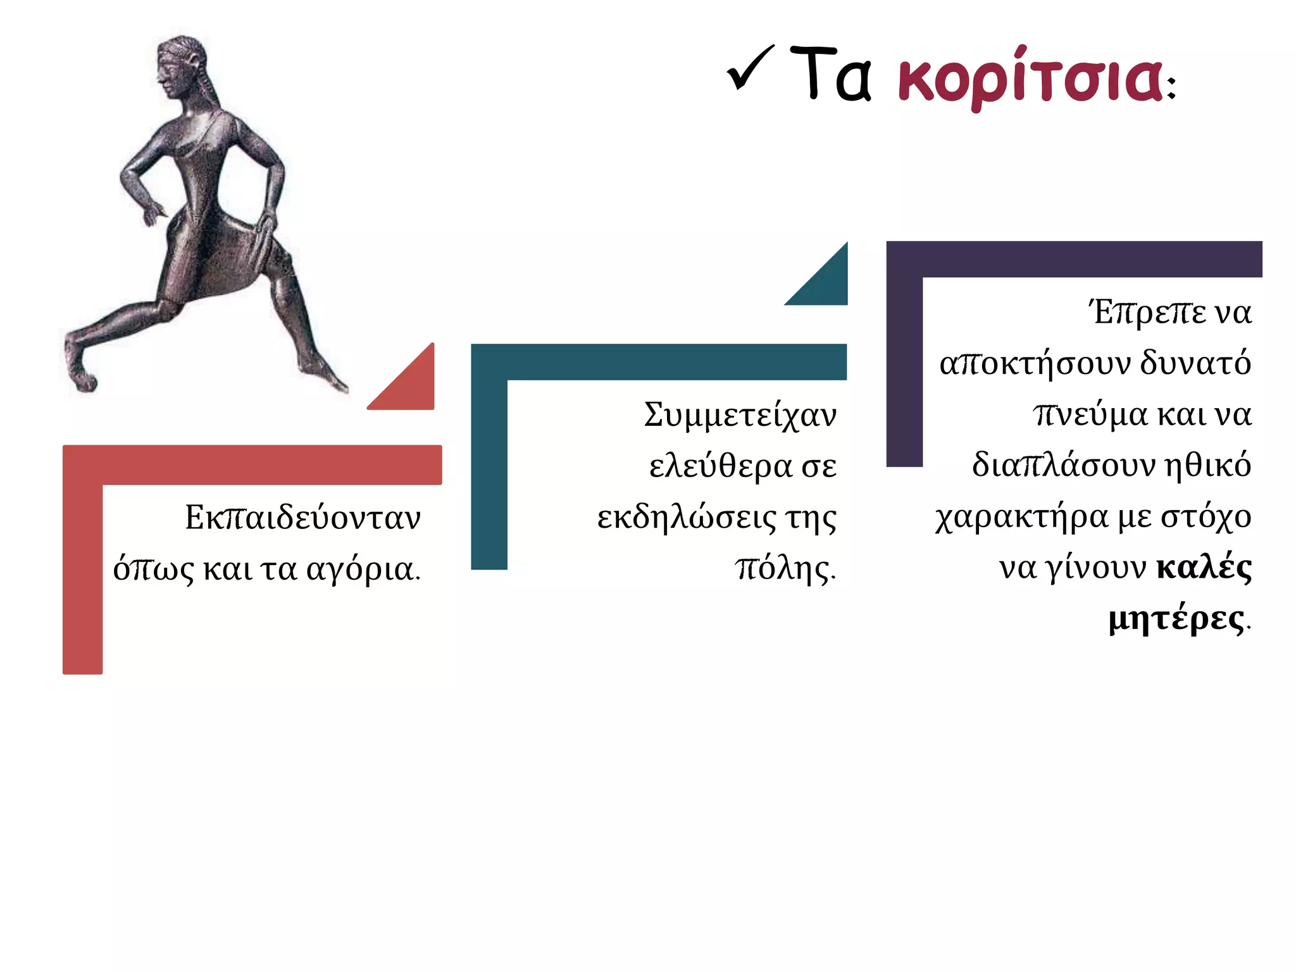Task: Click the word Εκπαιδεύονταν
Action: pos(302,518)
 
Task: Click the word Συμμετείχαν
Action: pos(740,416)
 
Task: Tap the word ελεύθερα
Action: pos(720,467)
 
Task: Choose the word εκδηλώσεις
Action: pos(687,518)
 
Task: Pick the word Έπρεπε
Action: pos(1147,313)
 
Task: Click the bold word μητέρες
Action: pos(1176,620)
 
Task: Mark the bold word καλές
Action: pos(1204,568)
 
